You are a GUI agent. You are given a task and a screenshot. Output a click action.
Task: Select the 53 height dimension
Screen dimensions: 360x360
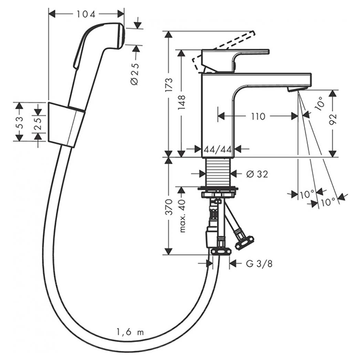point(20,122)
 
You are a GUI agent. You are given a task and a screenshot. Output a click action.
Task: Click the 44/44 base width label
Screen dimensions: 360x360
point(218,148)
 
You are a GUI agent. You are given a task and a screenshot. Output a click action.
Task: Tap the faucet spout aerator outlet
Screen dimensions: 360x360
point(295,89)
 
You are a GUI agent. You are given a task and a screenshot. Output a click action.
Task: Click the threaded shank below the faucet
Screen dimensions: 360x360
point(217,173)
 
